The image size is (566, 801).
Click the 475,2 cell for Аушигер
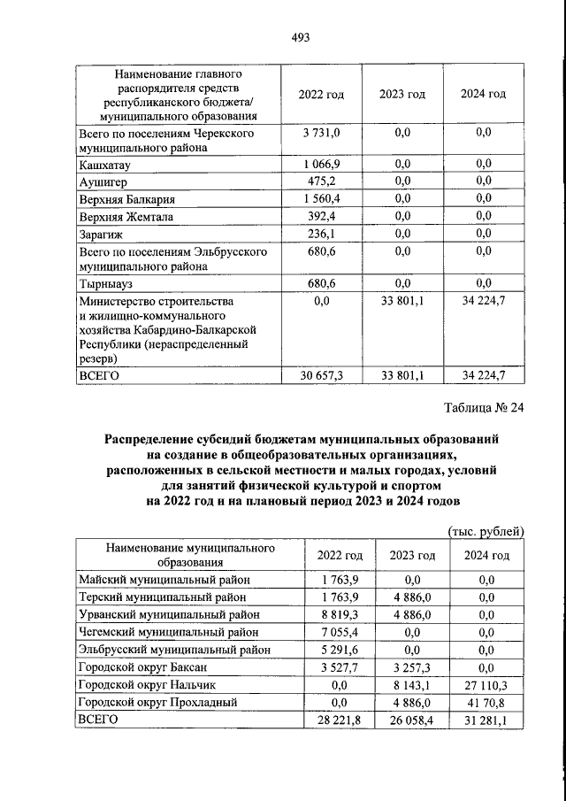point(321,181)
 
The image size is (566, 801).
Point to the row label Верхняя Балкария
point(127,199)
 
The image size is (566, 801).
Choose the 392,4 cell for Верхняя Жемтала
point(321,217)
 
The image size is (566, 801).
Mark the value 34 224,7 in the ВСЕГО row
point(484,375)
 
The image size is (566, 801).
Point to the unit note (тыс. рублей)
point(484,530)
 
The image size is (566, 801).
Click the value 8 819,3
point(340,613)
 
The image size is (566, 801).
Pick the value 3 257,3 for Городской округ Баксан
point(413,666)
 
